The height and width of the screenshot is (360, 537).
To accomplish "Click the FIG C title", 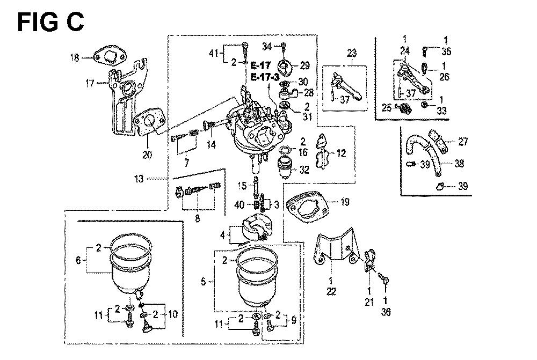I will click(x=50, y=22).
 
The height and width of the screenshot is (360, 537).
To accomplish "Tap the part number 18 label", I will click(x=75, y=57).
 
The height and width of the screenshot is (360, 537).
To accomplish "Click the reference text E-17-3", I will click(x=265, y=77).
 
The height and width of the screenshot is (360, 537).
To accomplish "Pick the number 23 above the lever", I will click(x=352, y=54).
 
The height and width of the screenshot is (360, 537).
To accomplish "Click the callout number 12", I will click(x=342, y=153).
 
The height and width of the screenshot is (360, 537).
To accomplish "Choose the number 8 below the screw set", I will click(x=198, y=219).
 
